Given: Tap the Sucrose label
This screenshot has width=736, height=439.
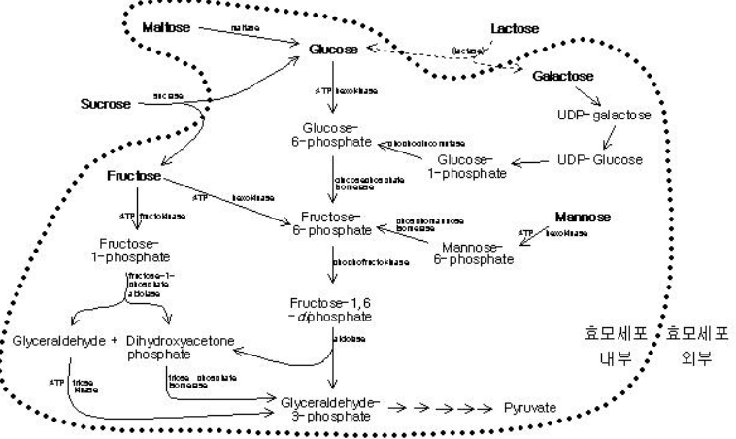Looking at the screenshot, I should pos(105,101).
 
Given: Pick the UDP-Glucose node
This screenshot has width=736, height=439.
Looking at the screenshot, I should pos(599,159).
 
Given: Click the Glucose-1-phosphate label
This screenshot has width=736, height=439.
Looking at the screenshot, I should pos(471,166).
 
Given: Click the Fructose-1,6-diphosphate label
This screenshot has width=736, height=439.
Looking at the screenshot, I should pos(332,312).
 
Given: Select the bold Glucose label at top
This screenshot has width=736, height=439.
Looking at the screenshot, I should pos(333,48).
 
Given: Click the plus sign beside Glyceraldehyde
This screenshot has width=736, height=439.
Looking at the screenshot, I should pos(116,341).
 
